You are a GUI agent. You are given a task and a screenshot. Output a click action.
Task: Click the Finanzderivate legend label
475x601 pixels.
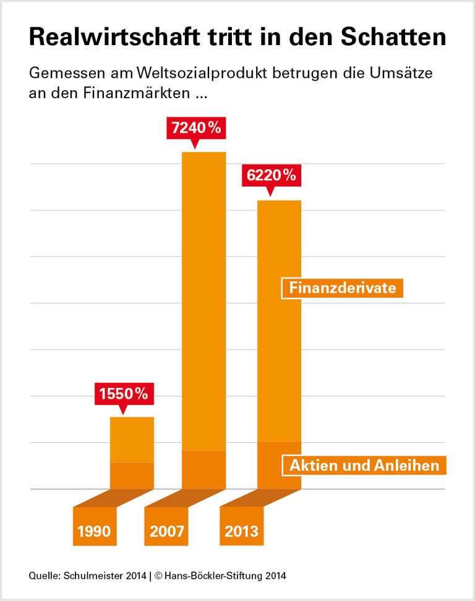pyautogui.click(x=342, y=288)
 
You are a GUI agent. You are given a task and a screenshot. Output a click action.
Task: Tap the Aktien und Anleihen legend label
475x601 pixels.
pyautogui.click(x=364, y=465)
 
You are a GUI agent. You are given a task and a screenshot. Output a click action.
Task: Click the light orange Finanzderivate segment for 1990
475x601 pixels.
pyautogui.click(x=132, y=439)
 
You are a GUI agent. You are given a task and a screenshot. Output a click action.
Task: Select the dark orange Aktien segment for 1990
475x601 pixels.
pyautogui.click(x=132, y=476)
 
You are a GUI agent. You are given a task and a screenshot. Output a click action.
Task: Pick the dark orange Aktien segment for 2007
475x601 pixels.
pyautogui.click(x=203, y=470)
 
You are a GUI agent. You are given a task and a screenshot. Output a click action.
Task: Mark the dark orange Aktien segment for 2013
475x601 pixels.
pyautogui.click(x=279, y=465)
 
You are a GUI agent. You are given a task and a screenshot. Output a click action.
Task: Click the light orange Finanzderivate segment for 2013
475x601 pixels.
pyautogui.click(x=279, y=321)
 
